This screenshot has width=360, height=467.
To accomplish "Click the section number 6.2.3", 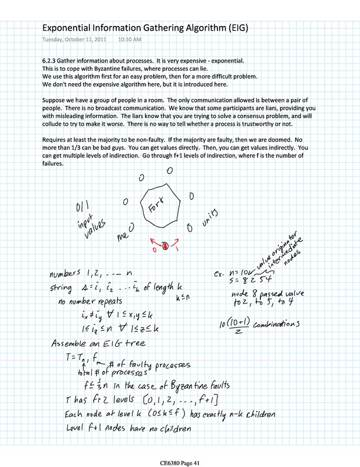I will click(52, 61).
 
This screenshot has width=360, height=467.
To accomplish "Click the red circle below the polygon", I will click(166, 245).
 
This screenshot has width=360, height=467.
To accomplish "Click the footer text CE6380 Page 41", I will click(179, 456).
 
